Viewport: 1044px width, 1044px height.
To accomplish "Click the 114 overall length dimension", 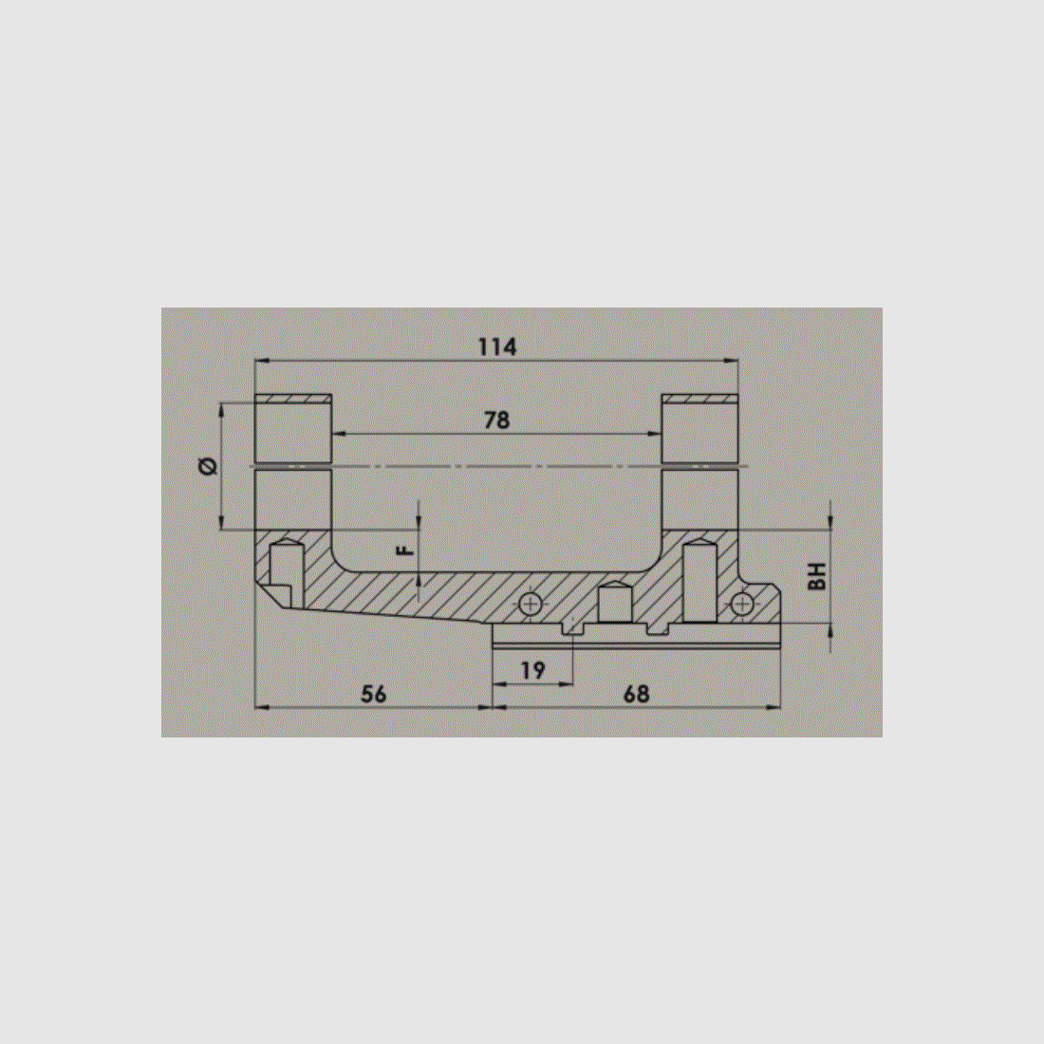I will (x=496, y=347).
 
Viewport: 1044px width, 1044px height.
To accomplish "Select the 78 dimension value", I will (x=496, y=419).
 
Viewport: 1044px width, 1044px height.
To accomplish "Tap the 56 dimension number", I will (x=374, y=694).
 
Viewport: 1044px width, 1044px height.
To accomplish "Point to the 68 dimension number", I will (x=636, y=694).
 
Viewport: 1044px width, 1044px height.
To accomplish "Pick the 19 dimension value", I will (x=533, y=670).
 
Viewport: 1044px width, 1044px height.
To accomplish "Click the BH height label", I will (x=818, y=575).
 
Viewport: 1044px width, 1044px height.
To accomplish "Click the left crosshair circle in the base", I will (x=531, y=603).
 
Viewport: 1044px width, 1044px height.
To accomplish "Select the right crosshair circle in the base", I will (x=743, y=603).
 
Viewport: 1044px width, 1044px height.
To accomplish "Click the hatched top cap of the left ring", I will (x=293, y=399).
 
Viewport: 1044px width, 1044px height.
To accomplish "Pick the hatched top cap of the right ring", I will (x=699, y=399).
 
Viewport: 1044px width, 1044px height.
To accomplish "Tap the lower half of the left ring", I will (x=293, y=499).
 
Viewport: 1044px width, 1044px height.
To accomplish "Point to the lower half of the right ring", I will (x=699, y=499).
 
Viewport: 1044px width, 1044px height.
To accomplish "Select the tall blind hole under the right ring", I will (x=699, y=580).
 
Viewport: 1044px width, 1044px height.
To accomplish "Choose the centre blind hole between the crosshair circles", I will (x=614, y=603).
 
